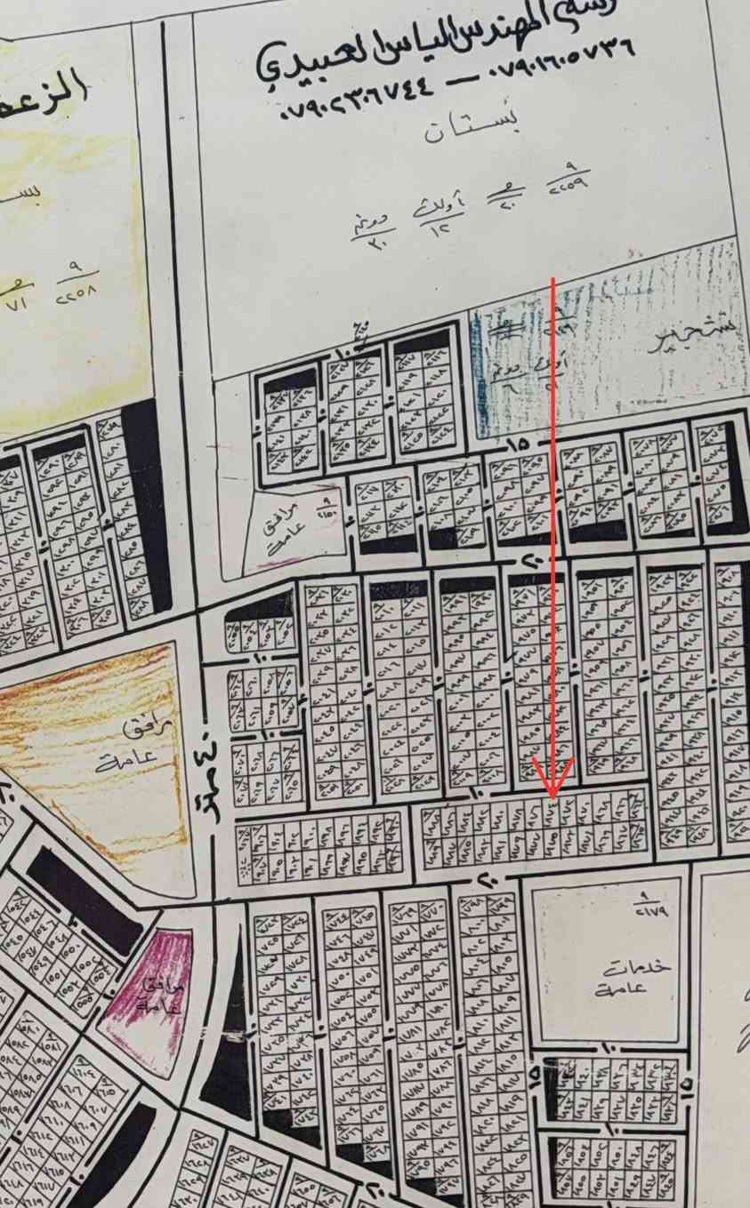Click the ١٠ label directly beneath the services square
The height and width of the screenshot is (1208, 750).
click(x=613, y=1049)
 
